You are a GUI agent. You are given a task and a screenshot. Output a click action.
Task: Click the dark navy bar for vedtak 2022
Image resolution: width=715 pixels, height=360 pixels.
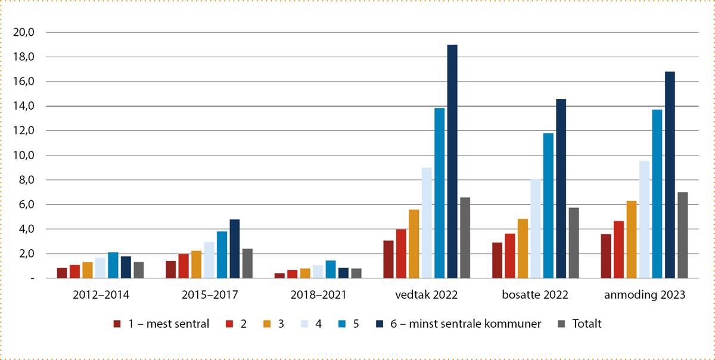pyautogui.click(x=452, y=162)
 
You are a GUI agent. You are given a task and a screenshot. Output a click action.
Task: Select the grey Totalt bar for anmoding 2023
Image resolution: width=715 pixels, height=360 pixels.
pyautogui.click(x=682, y=235)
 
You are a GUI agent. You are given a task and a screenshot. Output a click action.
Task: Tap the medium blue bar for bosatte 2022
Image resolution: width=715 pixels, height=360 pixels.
pyautogui.click(x=548, y=206)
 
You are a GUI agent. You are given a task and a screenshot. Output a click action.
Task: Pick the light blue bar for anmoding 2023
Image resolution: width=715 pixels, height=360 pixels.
pyautogui.click(x=644, y=219)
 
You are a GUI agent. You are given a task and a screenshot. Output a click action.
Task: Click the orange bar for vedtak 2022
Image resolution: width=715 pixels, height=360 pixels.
pyautogui.click(x=414, y=244)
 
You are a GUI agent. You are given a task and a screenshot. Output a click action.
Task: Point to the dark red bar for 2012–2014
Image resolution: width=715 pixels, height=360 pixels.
pyautogui.click(x=62, y=273)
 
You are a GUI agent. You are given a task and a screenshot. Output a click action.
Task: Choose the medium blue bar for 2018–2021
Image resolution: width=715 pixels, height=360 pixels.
pyautogui.click(x=331, y=269)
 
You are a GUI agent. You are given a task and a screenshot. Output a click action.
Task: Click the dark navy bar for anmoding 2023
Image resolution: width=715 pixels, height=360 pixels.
pyautogui.click(x=670, y=175)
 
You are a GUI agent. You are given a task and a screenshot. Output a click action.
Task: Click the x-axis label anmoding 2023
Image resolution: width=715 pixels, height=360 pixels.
pyautogui.click(x=644, y=294)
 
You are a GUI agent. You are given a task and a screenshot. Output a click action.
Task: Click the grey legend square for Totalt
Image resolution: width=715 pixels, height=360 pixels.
pyautogui.click(x=561, y=324)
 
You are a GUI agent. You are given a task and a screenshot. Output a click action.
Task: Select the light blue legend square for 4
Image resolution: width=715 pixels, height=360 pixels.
pyautogui.click(x=302, y=324)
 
